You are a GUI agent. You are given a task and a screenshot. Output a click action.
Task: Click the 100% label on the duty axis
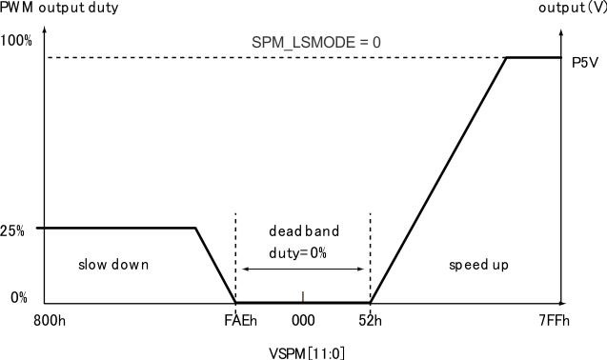coord(16,41)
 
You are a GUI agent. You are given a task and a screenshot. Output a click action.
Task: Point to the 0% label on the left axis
coord(19,298)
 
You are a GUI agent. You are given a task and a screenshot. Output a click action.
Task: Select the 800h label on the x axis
coord(51,322)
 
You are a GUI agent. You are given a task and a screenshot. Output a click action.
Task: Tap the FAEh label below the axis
coord(240,322)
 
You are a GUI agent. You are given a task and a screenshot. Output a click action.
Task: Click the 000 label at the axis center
coord(303,322)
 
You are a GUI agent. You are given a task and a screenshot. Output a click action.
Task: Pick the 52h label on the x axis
coord(371,322)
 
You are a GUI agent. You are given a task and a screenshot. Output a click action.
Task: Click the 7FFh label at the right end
coord(554,322)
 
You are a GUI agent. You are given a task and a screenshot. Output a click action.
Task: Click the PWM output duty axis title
coord(51,9)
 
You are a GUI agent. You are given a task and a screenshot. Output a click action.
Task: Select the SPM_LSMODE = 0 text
coord(303,42)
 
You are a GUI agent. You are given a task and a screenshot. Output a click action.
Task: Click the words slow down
coord(113,264)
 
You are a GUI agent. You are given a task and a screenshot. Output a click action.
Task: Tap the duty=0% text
coord(303,250)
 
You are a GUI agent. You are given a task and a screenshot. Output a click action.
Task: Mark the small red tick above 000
coord(303,295)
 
